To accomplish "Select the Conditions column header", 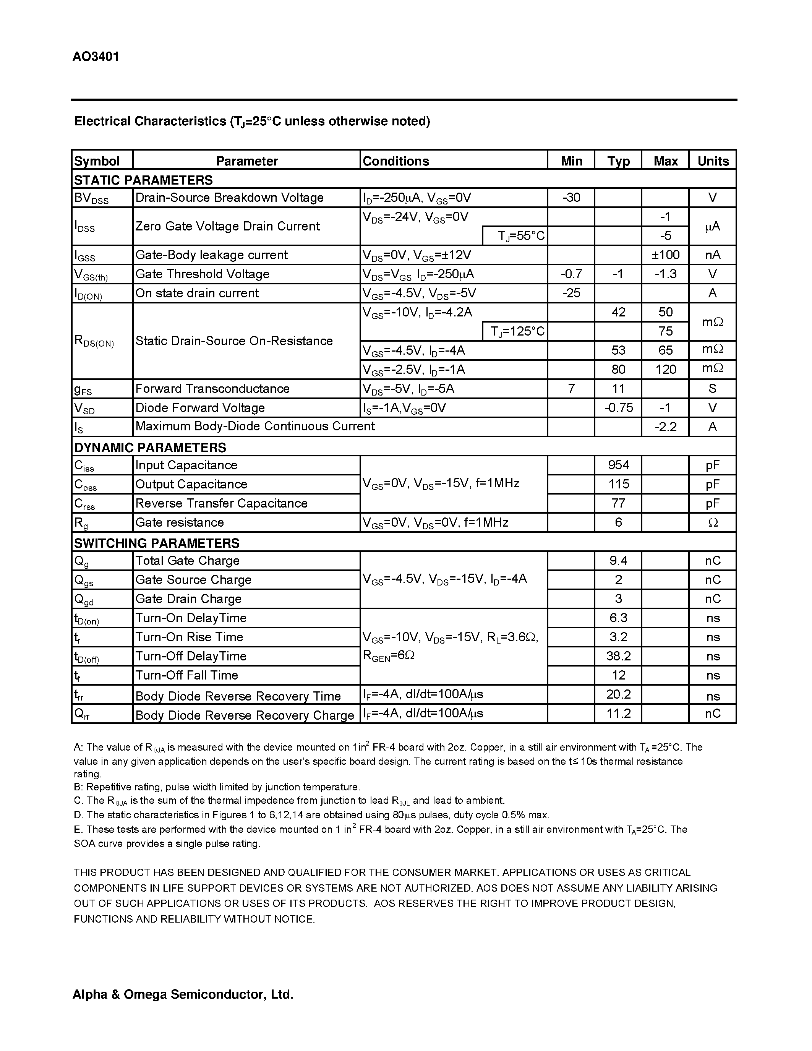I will coord(395,161).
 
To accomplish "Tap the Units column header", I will coord(713,161).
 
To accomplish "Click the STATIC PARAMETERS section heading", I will coord(143,180).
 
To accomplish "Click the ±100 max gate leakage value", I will coord(665,255).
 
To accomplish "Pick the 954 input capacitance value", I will coord(618,465).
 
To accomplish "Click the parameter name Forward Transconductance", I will coord(212,388).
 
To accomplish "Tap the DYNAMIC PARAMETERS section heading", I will coord(150,448).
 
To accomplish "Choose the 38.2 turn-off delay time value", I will coord(618,656).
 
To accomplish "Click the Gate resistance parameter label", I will coord(180,522).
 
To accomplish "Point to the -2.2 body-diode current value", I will coord(665,427).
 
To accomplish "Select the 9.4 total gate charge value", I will coord(618,561).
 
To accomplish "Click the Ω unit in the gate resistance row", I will coord(713,522).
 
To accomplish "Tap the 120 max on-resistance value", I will coord(665,369).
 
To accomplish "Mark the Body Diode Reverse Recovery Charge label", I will coord(245,715).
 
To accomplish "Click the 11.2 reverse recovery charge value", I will coord(618,713).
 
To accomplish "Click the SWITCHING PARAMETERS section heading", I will coord(156,543).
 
